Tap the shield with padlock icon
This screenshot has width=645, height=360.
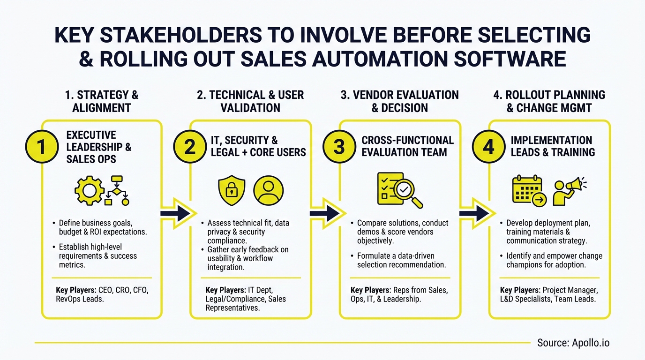(232, 190)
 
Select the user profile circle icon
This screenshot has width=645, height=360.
(268, 190)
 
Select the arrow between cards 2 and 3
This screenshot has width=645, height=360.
(325, 213)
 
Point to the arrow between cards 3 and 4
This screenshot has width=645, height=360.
(474, 213)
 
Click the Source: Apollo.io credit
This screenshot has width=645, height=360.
(573, 343)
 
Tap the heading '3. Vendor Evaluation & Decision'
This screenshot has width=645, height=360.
(400, 101)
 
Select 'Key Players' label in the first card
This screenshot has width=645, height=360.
(75, 290)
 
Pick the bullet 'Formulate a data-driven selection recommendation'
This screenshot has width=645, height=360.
(401, 260)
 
